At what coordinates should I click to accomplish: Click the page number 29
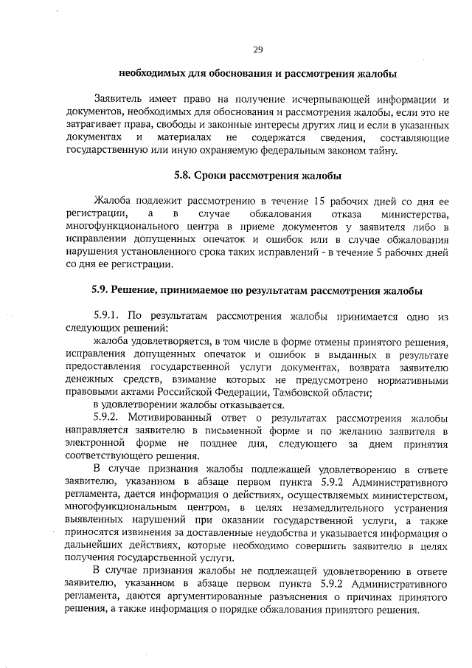point(258,49)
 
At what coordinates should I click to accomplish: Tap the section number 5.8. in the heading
point(184,176)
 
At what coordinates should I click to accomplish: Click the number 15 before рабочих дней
point(319,200)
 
